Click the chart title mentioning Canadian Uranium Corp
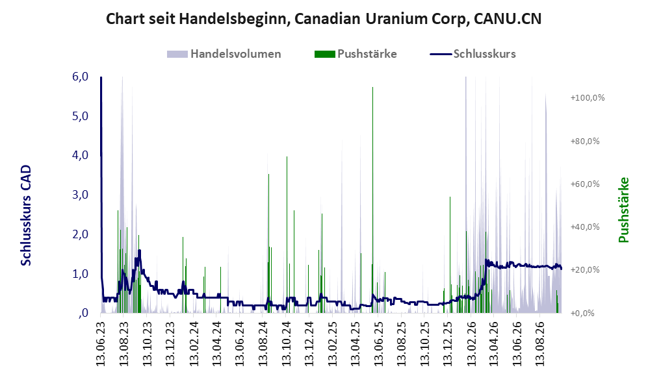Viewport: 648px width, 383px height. [x=324, y=19]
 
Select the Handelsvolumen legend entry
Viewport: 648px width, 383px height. [x=224, y=54]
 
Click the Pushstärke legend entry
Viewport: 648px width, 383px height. [x=356, y=54]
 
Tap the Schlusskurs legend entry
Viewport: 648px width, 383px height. [x=473, y=54]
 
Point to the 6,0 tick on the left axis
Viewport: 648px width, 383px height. [x=80, y=77]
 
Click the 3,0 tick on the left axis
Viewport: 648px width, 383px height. [x=80, y=195]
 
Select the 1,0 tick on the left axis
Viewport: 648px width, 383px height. [x=80, y=274]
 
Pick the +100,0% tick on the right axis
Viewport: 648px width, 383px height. [x=588, y=98]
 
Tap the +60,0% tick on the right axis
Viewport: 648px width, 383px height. [x=585, y=184]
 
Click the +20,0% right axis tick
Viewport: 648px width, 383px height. [x=585, y=270]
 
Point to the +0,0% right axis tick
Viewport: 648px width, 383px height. [x=582, y=314]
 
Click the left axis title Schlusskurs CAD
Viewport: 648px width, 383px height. [x=26, y=215]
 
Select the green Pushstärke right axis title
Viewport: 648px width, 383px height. [x=623, y=210]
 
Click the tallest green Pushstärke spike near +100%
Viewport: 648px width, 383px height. [x=373, y=200]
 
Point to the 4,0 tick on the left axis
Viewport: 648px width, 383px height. [x=80, y=156]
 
